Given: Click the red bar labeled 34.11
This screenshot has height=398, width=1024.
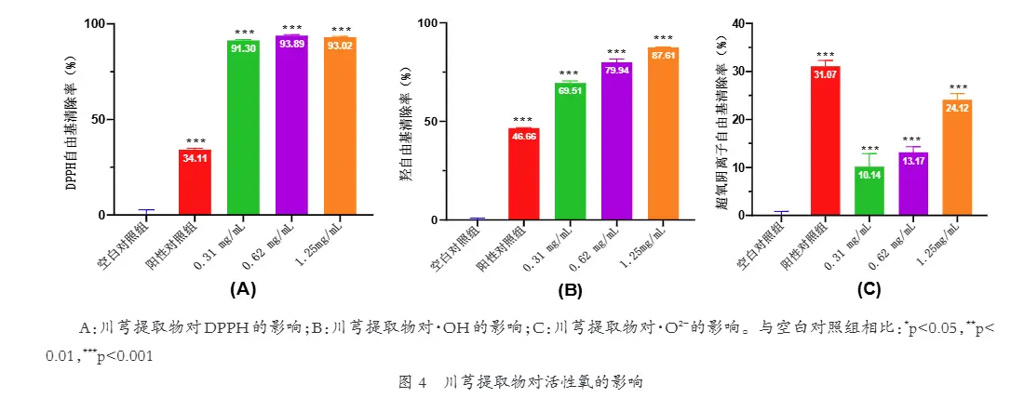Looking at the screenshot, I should tap(195, 182).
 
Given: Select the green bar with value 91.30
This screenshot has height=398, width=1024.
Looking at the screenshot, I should tap(243, 127).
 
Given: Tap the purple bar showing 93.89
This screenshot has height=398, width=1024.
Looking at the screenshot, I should tap(291, 126).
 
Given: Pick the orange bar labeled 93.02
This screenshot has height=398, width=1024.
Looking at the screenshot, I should tap(340, 126).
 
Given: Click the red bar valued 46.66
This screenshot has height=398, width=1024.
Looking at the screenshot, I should tap(523, 174).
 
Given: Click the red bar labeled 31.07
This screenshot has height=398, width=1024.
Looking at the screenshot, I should tap(825, 140).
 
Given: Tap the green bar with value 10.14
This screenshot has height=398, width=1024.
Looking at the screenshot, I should tap(869, 191).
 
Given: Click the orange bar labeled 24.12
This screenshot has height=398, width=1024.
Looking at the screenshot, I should tap(960, 157).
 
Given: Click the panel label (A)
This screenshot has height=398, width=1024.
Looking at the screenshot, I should tap(242, 289).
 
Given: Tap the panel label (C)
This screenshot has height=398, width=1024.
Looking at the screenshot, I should tap(869, 289).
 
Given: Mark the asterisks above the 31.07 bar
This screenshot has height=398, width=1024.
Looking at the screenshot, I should tap(825, 55).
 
